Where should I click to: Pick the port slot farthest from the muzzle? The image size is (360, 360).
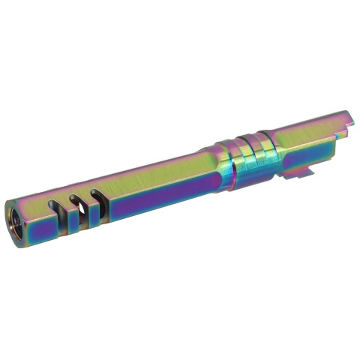coord(93,194)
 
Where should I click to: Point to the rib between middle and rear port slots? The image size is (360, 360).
coord(84,198)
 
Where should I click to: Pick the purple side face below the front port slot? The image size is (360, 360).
coord(60,225)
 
